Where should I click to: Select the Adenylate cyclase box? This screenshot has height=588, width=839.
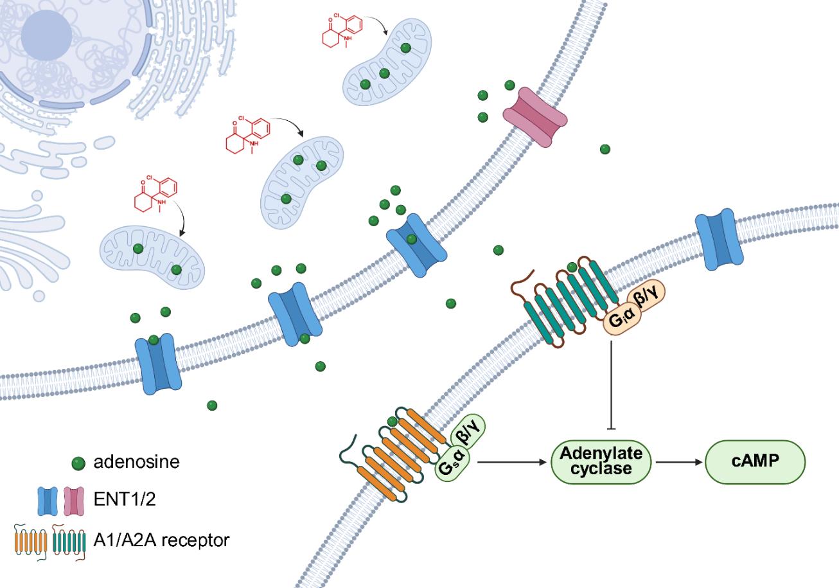click(x=601, y=461)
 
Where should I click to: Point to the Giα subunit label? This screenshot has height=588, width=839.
click(x=619, y=317)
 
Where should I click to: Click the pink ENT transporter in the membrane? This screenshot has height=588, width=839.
click(x=535, y=118)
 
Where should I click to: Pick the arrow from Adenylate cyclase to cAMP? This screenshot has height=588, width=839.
click(x=678, y=461)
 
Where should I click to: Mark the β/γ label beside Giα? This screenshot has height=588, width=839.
click(x=649, y=299)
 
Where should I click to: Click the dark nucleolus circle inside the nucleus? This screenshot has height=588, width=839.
click(x=46, y=36)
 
